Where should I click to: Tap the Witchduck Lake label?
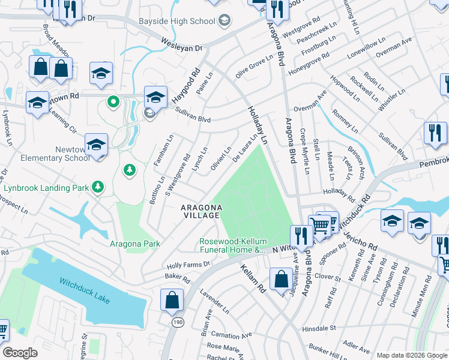tap(84, 290)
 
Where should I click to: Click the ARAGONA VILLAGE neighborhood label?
tap(202, 212)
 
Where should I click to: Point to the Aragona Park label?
tap(135, 244)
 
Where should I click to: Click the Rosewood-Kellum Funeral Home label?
tap(232, 245)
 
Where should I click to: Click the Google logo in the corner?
tap(20, 353)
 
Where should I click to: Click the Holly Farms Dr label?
tap(188, 263)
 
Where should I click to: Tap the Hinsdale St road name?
tap(319, 329)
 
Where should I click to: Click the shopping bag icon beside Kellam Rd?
tap(280, 279)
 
